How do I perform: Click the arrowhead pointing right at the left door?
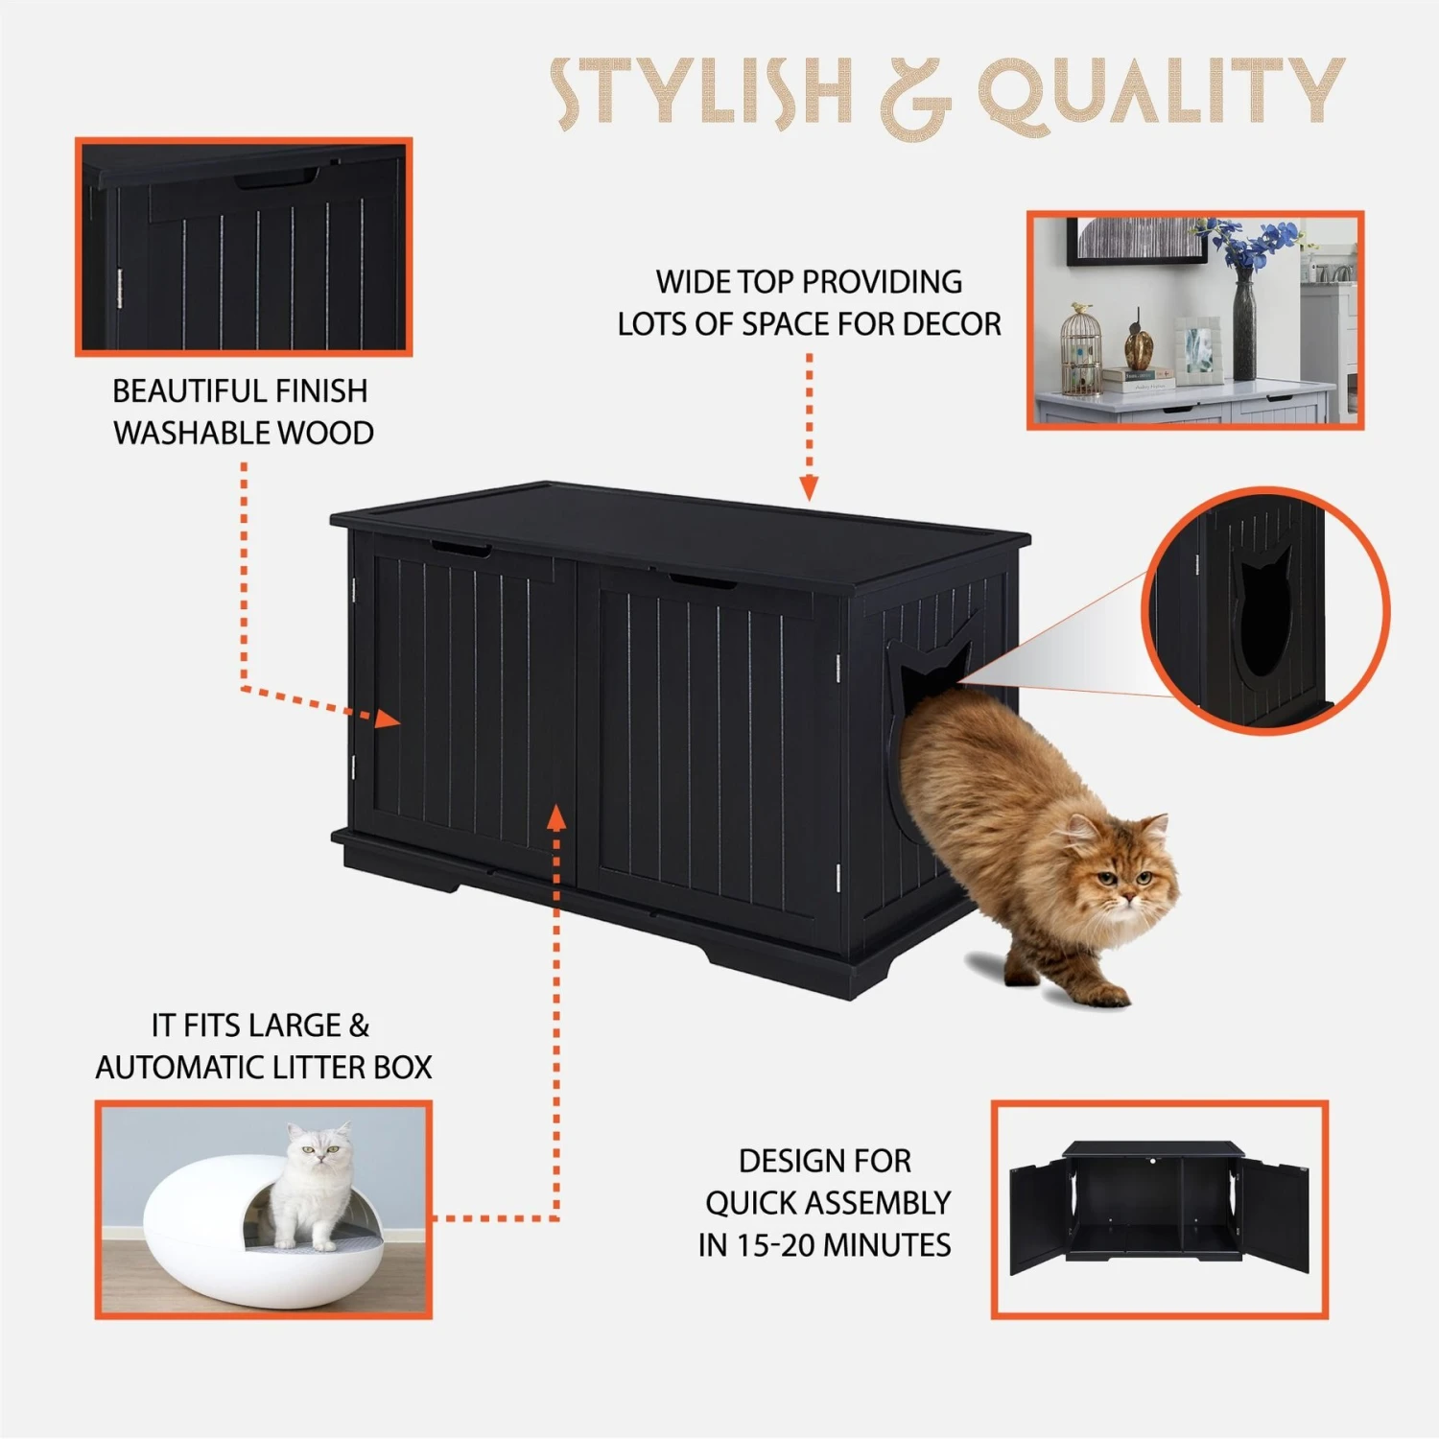pyautogui.click(x=388, y=719)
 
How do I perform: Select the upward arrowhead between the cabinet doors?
pyautogui.click(x=556, y=817)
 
